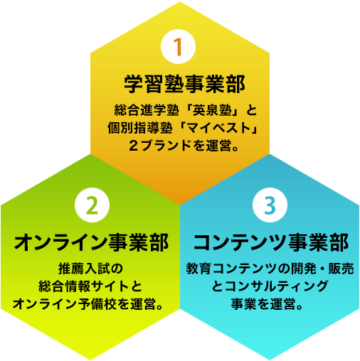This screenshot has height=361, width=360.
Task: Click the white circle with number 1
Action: click(x=178, y=46)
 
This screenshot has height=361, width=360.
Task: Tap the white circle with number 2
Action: click(x=92, y=205)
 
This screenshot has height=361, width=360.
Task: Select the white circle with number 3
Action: click(x=270, y=205)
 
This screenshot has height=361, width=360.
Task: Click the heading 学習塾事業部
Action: click(x=184, y=85)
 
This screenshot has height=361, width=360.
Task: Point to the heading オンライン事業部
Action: click(x=91, y=242)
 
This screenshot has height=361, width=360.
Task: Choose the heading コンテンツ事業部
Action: click(x=271, y=242)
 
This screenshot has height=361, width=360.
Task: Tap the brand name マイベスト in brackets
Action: click(x=218, y=128)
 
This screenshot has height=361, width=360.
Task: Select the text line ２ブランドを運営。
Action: click(x=184, y=146)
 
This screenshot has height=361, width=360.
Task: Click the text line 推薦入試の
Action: click(x=90, y=269)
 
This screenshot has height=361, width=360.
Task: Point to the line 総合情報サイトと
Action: click(x=90, y=286)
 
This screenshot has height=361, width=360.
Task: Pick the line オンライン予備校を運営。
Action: click(x=88, y=304)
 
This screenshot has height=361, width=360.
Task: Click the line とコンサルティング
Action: click(x=270, y=286)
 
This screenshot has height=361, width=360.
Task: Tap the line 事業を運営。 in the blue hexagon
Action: click(x=267, y=304)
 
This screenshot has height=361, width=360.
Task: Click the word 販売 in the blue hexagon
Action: click(x=341, y=269)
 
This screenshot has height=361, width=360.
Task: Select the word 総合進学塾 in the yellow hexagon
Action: click(x=147, y=110)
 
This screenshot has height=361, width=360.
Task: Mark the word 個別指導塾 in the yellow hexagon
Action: click(x=140, y=128)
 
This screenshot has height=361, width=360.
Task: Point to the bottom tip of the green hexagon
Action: click(x=90, y=360)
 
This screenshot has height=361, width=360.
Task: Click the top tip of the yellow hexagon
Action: click(x=180, y=2)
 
